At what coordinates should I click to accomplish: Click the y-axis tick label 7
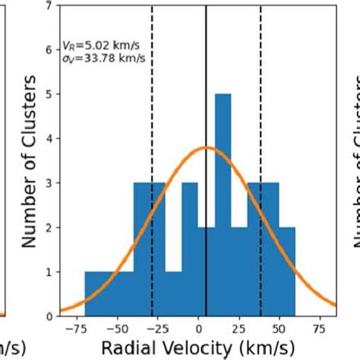pos(49,6)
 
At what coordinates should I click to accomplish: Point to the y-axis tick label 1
pos(49,272)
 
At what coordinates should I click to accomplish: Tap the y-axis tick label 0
pos(49,316)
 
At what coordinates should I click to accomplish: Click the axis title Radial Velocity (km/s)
pos(199,347)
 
